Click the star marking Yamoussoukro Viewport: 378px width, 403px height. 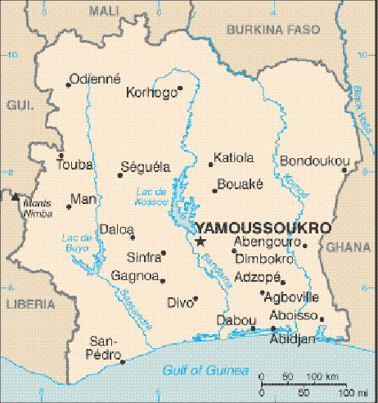200,241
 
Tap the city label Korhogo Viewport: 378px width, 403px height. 151,93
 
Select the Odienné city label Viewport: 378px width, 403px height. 96,79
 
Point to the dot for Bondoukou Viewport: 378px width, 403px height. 344,170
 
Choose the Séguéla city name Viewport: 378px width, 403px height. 146,166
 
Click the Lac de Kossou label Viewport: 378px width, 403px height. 150,197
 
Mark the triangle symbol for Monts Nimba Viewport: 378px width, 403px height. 15,197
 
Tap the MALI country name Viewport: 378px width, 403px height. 105,10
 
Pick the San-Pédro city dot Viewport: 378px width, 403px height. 123,361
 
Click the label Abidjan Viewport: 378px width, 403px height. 292,338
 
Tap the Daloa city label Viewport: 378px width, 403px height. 115,229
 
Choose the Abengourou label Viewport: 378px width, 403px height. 266,242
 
